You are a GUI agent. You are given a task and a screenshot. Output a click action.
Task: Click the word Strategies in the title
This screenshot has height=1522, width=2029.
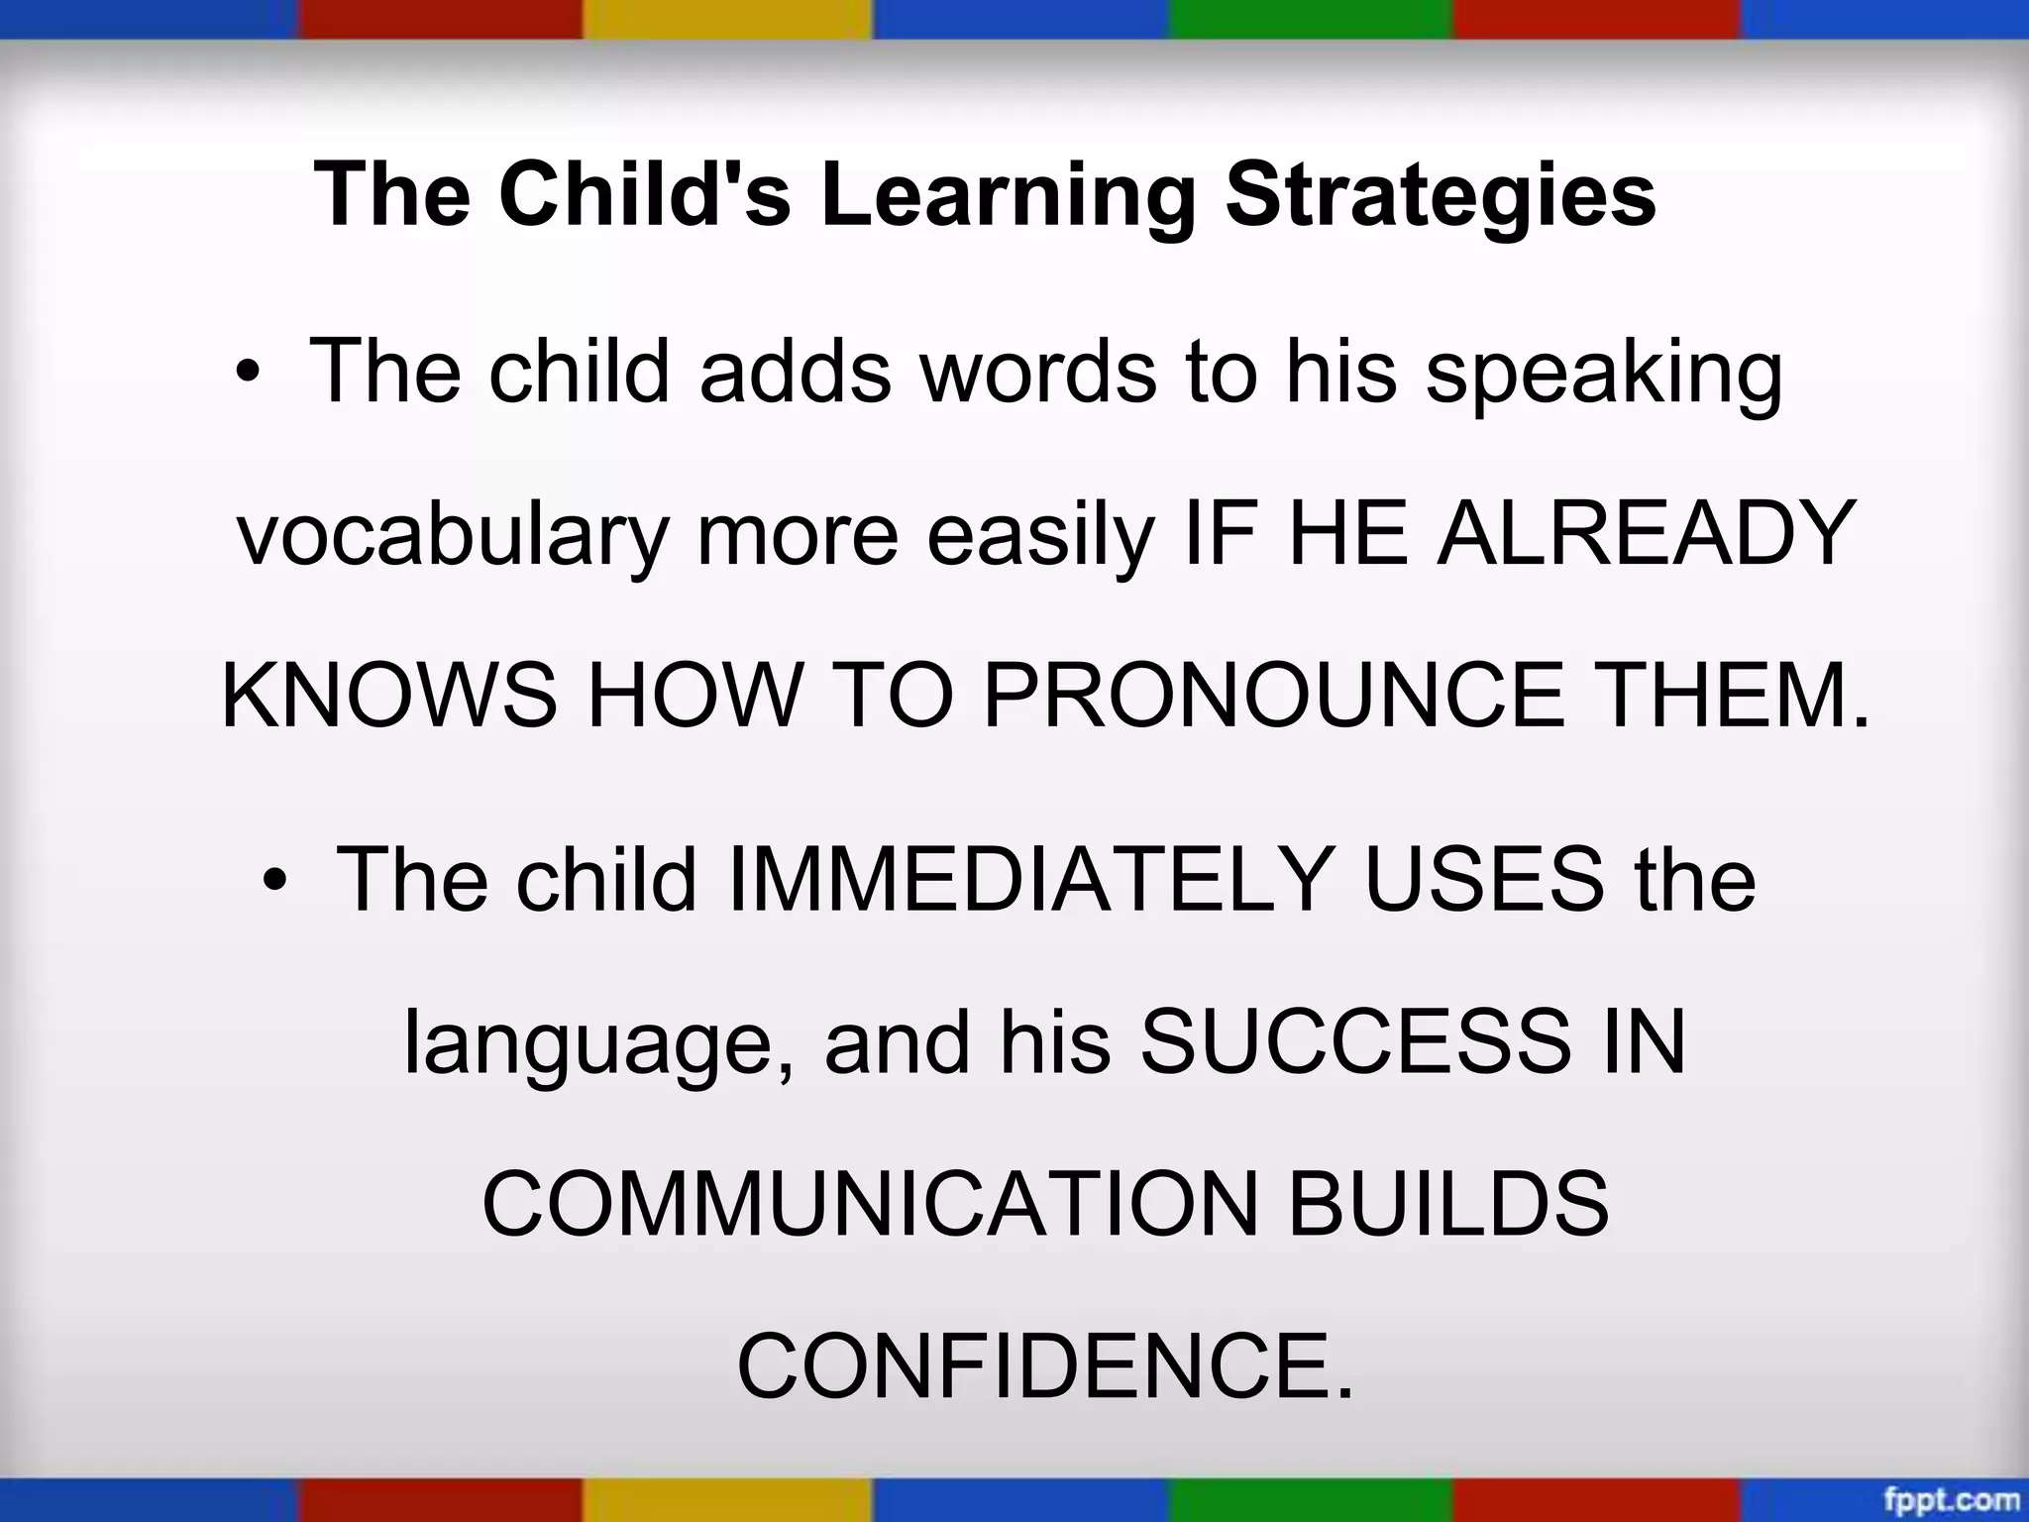1441,195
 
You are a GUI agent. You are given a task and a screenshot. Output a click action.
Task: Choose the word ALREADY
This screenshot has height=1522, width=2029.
1645,534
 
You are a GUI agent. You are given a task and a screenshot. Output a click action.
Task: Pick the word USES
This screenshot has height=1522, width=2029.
1483,879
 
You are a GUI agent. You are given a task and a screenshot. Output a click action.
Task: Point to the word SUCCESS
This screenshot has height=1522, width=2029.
1354,1042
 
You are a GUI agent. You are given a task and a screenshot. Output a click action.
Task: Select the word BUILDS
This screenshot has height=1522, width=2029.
1447,1205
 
